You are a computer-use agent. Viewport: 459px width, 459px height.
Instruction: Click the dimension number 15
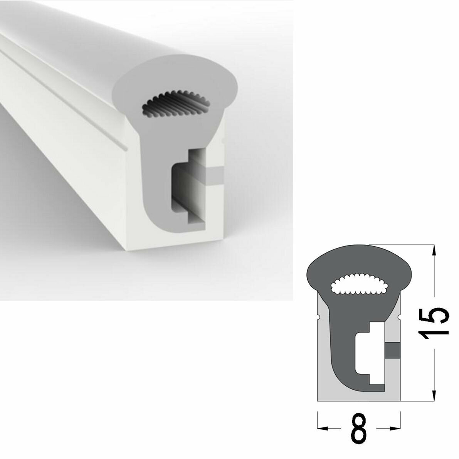tap(435, 324)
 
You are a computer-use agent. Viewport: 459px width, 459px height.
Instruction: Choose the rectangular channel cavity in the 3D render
tap(185, 185)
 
